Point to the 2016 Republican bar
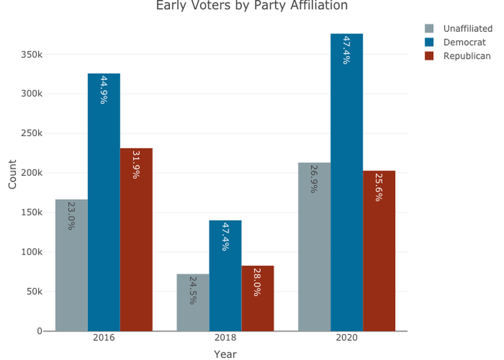[x=136, y=239]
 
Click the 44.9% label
[x=103, y=90]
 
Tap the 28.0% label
[x=257, y=282]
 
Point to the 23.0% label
[x=71, y=215]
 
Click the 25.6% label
[x=379, y=187]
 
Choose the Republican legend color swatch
[x=429, y=56]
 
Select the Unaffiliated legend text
[x=468, y=29]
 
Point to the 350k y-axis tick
[x=31, y=54]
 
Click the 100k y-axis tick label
[x=31, y=252]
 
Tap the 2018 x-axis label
[x=225, y=338]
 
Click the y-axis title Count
[x=12, y=174]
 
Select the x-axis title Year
[x=225, y=354]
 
